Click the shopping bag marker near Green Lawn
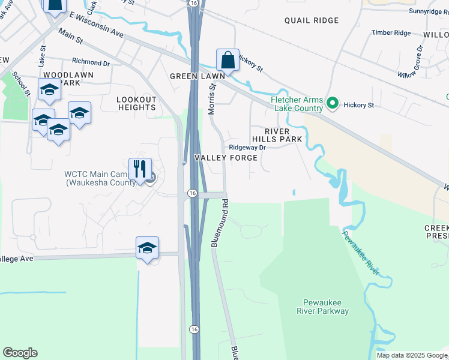click(228, 61)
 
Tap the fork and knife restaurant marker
click(140, 169)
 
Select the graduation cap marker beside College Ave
click(147, 248)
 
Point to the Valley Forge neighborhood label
click(226, 158)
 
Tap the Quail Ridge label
click(312, 20)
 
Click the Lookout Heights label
click(136, 103)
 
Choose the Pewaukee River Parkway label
click(322, 307)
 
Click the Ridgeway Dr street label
click(247, 147)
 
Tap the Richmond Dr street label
click(91, 61)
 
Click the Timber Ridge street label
click(391, 32)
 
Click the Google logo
click(20, 353)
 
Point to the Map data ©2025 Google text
click(411, 355)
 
